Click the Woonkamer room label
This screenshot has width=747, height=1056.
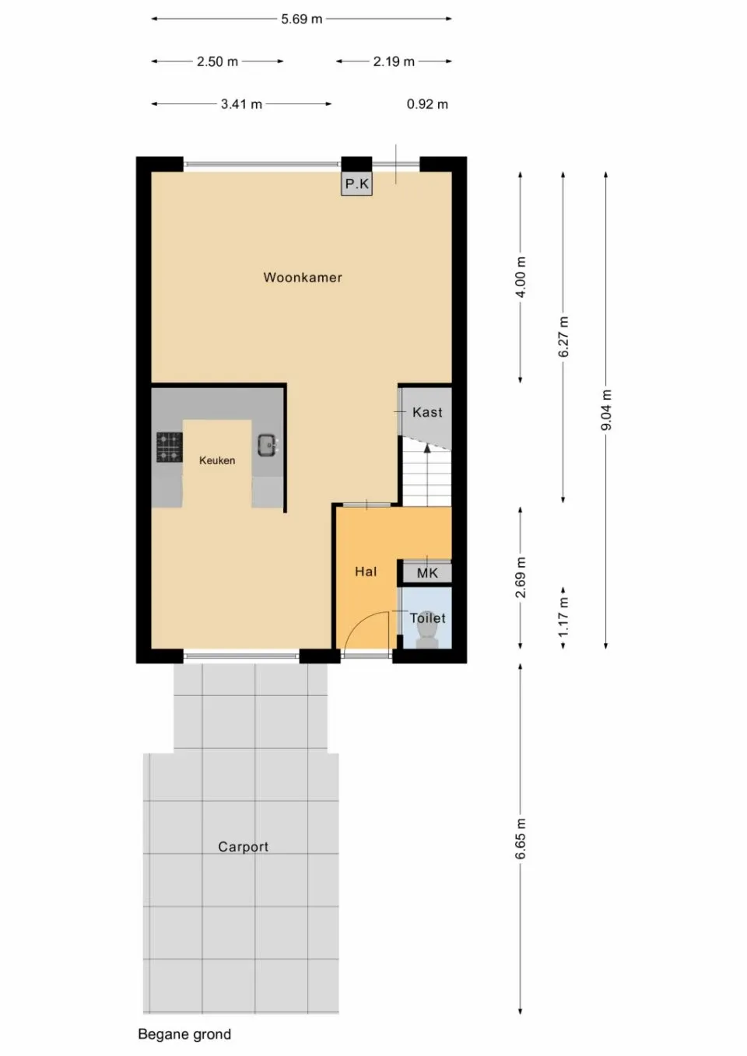pos(302,278)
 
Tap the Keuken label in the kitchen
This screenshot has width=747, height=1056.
pos(217,460)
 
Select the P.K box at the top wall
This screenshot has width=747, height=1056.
pos(357,184)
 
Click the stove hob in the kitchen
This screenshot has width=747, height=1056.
pos(169,447)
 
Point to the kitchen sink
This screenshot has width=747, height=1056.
pos(267,446)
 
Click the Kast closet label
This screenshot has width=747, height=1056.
pos(427,412)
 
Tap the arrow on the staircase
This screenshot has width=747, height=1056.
pos(426,449)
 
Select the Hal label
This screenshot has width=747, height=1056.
pos(366,572)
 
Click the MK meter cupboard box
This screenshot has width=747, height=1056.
pos(427,573)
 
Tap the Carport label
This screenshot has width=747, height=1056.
pos(243,847)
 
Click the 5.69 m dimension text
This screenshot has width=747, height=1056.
pos(302,19)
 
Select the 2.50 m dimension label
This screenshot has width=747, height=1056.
pos(217,61)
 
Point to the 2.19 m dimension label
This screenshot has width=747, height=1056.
pos(394,61)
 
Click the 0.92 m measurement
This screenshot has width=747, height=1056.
pos(427,104)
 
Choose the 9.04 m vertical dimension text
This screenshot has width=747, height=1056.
pos(606,410)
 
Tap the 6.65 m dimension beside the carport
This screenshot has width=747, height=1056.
pos(521,839)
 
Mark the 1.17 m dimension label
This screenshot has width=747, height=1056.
pos(563,617)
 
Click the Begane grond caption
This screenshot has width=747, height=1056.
pos(184,1034)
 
